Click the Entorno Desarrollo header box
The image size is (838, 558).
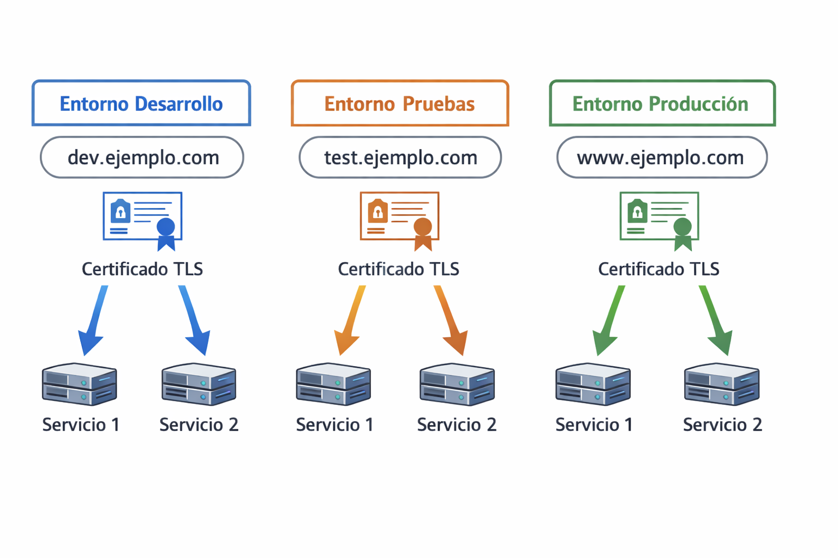(141, 104)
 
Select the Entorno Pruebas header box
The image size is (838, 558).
(400, 104)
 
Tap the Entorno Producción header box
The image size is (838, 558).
(662, 104)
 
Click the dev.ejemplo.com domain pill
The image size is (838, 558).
(142, 157)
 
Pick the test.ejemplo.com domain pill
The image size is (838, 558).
(400, 157)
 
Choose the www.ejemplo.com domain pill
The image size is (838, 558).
(662, 157)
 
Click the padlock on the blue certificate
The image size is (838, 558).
(121, 211)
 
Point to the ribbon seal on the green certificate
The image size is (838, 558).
(683, 233)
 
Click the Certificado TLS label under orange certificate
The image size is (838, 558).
(398, 269)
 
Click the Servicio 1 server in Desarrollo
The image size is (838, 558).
(80, 384)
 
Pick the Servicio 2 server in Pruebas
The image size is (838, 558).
(457, 384)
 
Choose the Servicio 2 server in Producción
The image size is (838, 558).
(722, 384)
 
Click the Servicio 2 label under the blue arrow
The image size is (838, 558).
(199, 425)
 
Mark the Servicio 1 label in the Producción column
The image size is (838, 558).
(594, 425)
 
